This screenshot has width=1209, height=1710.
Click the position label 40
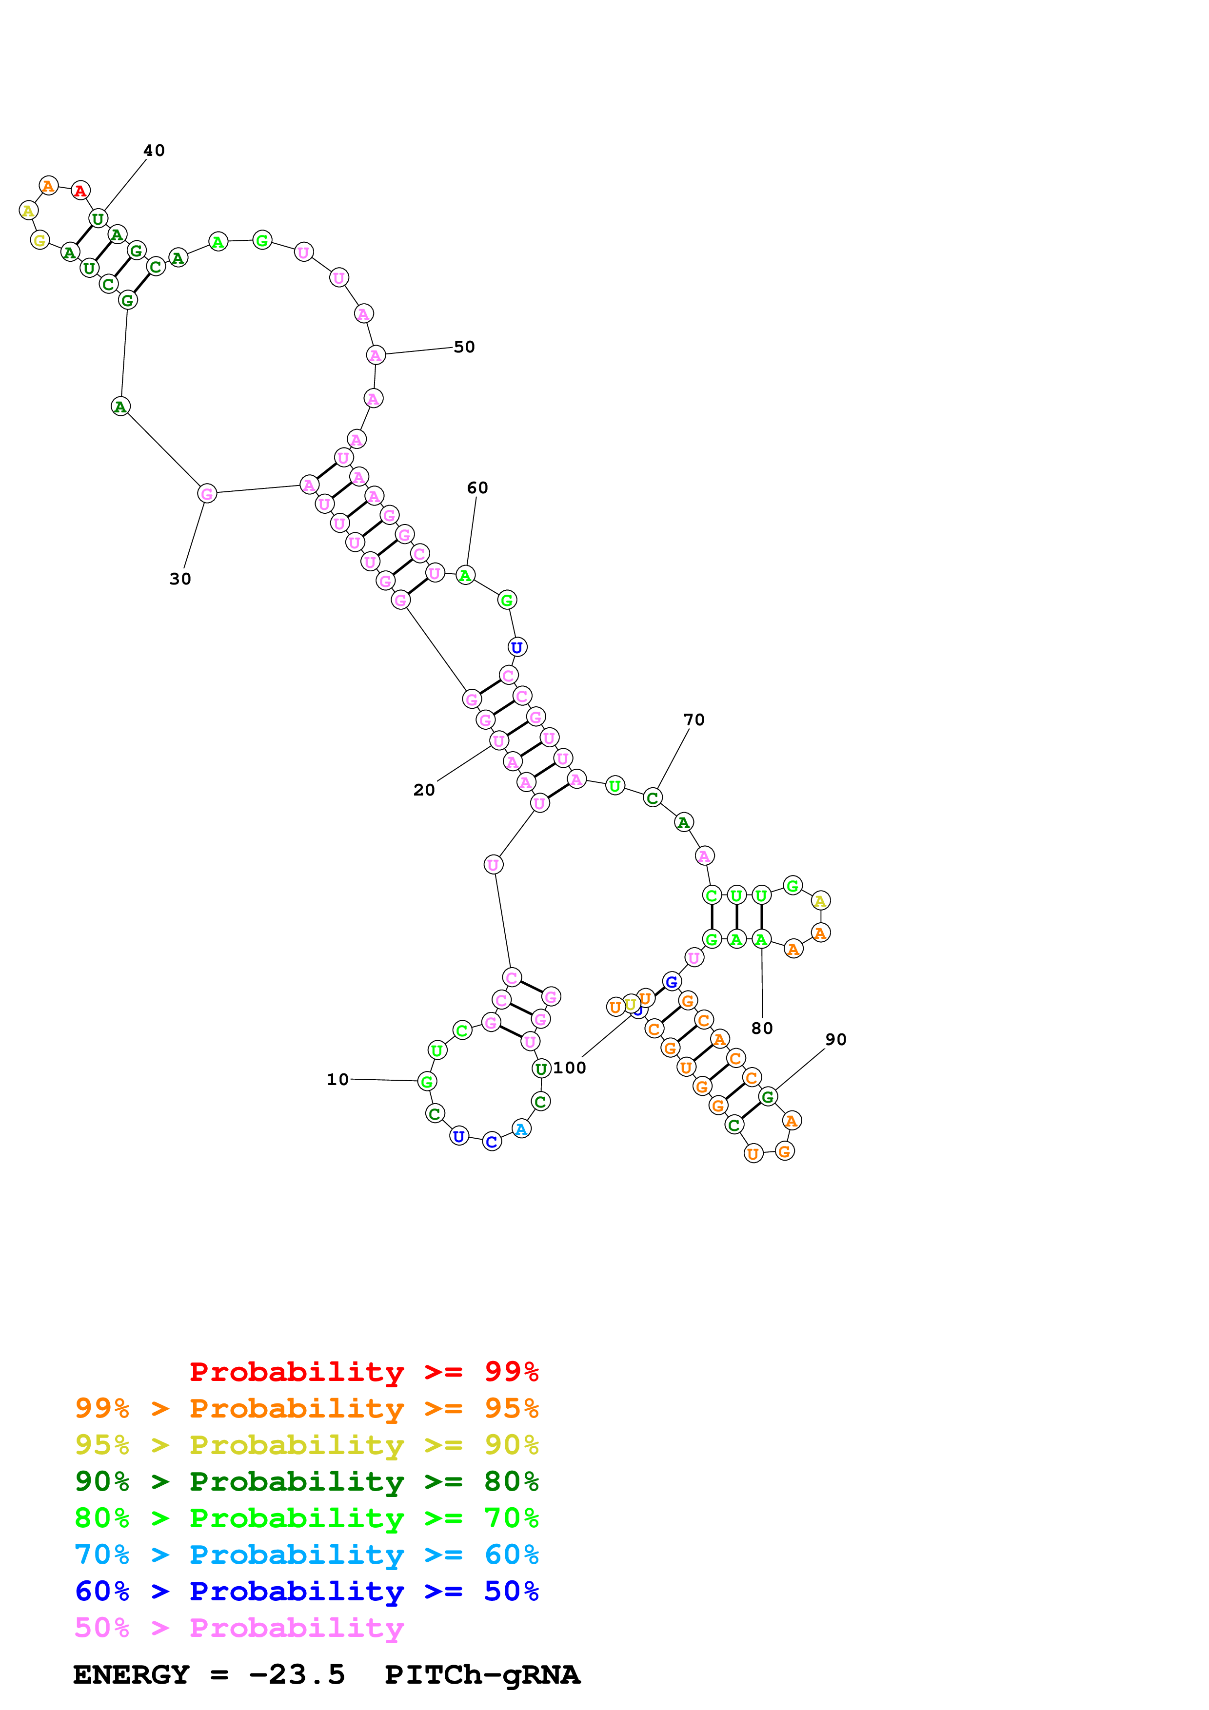click(154, 151)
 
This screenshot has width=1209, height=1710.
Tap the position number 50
click(464, 347)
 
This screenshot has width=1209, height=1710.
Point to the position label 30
click(180, 580)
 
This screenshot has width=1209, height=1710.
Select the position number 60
click(477, 488)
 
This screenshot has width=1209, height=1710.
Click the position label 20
click(424, 790)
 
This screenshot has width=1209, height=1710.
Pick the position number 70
click(694, 720)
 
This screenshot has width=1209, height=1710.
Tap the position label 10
click(337, 1080)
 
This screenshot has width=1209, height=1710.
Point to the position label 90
click(836, 1040)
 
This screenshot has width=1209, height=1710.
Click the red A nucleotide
click(80, 191)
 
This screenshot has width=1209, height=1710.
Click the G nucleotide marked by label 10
click(427, 1081)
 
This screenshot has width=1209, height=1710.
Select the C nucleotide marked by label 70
click(653, 797)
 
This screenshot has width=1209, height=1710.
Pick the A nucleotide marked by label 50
click(376, 355)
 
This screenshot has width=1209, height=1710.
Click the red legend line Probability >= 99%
click(363, 1372)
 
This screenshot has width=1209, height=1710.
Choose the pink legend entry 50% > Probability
click(239, 1628)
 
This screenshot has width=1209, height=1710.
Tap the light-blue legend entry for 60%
click(306, 1555)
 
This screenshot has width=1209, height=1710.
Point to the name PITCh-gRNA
click(482, 1675)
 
